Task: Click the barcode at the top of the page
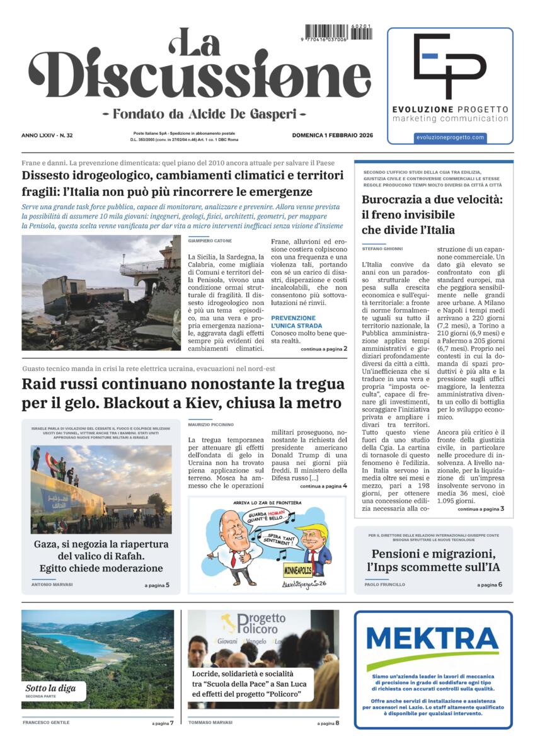pyautogui.click(x=338, y=32)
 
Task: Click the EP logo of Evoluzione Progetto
pyautogui.click(x=449, y=65)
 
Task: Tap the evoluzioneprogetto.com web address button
pyautogui.click(x=450, y=137)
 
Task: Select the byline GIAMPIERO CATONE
pyautogui.click(x=210, y=241)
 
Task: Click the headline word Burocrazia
pyautogui.click(x=393, y=200)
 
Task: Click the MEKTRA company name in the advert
pyautogui.click(x=432, y=639)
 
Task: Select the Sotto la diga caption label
pyautogui.click(x=50, y=688)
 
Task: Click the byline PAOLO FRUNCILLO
pyautogui.click(x=384, y=585)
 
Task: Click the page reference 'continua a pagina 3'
pyautogui.click(x=481, y=508)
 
